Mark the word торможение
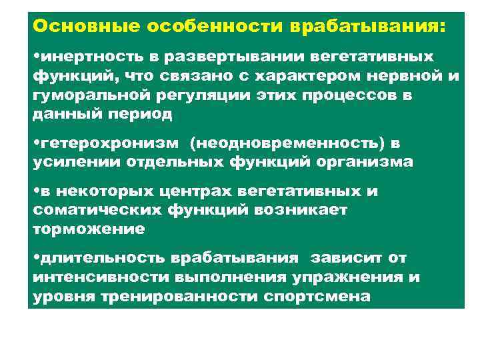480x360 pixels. pos(88,229)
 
